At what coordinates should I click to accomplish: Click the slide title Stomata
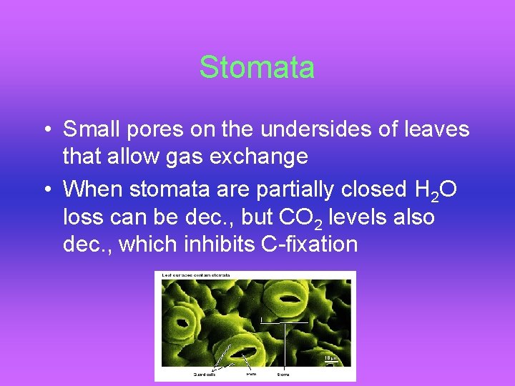[x=257, y=67]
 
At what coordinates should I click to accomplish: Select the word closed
[x=371, y=190]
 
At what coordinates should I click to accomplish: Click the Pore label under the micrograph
[x=252, y=373]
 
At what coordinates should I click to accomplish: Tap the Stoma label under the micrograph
[x=284, y=374]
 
